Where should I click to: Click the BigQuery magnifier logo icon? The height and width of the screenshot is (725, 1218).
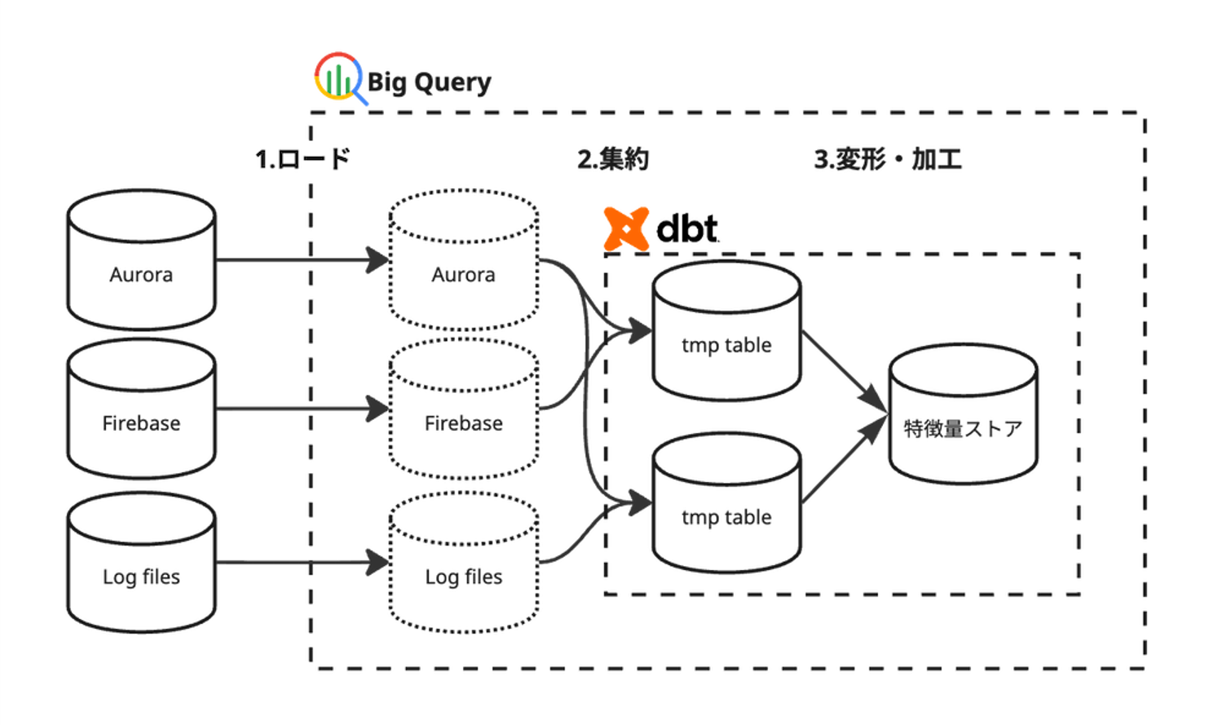(338, 78)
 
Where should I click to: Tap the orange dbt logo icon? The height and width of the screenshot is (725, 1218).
(625, 228)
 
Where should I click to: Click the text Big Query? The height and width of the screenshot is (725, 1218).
(429, 82)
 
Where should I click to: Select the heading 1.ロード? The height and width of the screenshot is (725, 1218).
(302, 158)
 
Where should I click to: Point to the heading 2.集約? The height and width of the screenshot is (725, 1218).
(613, 158)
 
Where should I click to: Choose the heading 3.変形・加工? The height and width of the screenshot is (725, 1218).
(887, 158)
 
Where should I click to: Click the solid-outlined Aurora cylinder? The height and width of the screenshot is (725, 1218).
(141, 261)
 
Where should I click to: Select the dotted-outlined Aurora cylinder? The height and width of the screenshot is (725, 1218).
(463, 261)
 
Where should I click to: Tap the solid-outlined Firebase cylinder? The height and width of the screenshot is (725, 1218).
(141, 409)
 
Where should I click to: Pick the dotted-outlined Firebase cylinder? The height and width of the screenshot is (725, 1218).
(463, 409)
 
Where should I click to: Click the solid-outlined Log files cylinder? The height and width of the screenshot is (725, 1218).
(141, 563)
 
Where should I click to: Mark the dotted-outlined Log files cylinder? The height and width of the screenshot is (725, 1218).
(463, 563)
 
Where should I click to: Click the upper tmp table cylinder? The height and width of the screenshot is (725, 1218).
(726, 331)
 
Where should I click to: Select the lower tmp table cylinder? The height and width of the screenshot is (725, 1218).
(726, 503)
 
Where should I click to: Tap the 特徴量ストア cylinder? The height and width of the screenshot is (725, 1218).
(962, 414)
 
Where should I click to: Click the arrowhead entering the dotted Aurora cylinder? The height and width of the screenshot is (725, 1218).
(378, 260)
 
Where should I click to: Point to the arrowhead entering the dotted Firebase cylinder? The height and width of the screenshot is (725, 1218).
(378, 409)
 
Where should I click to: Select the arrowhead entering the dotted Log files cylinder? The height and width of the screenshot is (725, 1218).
(378, 562)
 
